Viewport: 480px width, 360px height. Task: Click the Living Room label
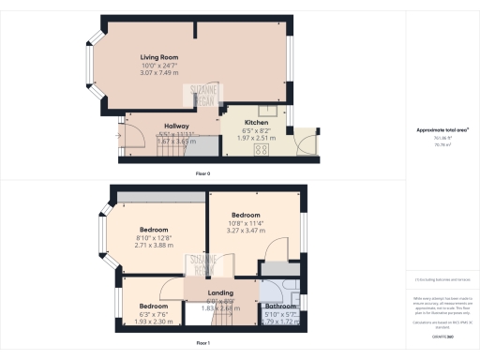pos(158,58)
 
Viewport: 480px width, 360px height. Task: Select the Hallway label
pos(177,126)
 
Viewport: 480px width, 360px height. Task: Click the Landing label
pos(221,292)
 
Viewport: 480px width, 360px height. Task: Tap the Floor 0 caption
pos(202,174)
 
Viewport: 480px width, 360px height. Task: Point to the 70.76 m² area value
pos(441,145)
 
